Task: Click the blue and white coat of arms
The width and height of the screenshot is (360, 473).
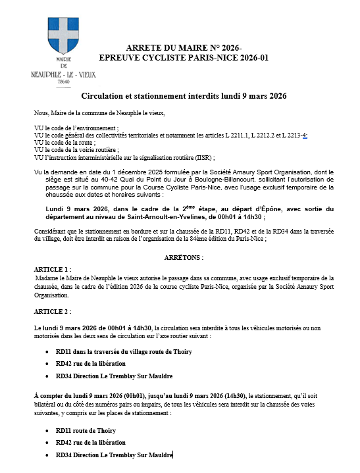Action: pos(63,37)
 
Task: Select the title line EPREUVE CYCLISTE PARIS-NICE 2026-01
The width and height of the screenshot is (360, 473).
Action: pos(184,57)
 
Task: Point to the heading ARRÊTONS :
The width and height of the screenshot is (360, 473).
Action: pos(184,257)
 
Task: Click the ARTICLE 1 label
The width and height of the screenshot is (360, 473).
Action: pos(52,270)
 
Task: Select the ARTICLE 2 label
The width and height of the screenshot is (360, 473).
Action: pos(52,311)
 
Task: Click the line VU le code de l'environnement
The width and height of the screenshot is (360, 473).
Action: pos(76,128)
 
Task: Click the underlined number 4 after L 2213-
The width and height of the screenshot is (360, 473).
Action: pos(304,135)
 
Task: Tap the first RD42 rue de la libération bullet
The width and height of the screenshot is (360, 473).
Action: pos(91,364)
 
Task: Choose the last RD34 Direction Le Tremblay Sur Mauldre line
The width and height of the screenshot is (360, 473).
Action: pos(114,455)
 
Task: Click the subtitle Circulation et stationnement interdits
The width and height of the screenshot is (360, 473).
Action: pos(184,96)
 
